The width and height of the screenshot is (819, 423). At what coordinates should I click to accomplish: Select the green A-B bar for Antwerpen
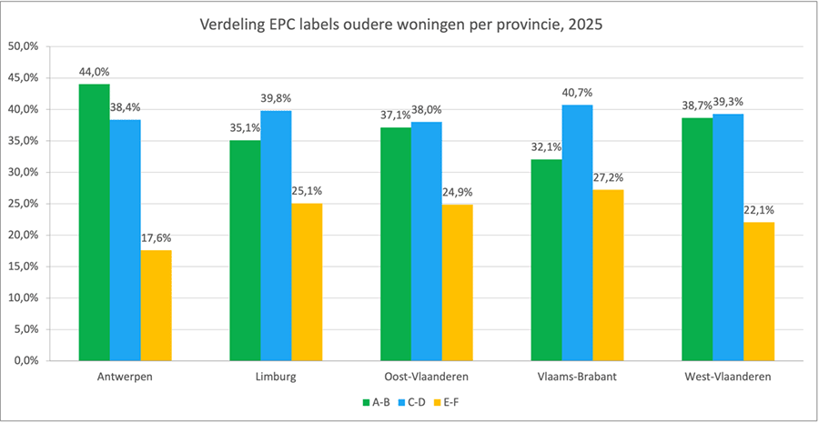click(95, 222)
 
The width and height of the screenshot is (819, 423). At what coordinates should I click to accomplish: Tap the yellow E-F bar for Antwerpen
click(157, 305)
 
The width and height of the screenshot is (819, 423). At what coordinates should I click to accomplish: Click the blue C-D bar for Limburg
click(276, 236)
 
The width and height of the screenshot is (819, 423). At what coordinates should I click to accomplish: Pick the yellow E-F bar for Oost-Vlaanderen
click(458, 282)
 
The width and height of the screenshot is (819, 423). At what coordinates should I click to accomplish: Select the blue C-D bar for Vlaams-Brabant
click(577, 233)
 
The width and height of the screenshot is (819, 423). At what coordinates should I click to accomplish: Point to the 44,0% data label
click(95, 72)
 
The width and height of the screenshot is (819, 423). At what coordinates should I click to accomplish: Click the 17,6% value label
click(157, 238)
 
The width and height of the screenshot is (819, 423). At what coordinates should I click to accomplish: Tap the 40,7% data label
click(577, 93)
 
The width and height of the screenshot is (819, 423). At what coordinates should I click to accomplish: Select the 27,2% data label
click(609, 177)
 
